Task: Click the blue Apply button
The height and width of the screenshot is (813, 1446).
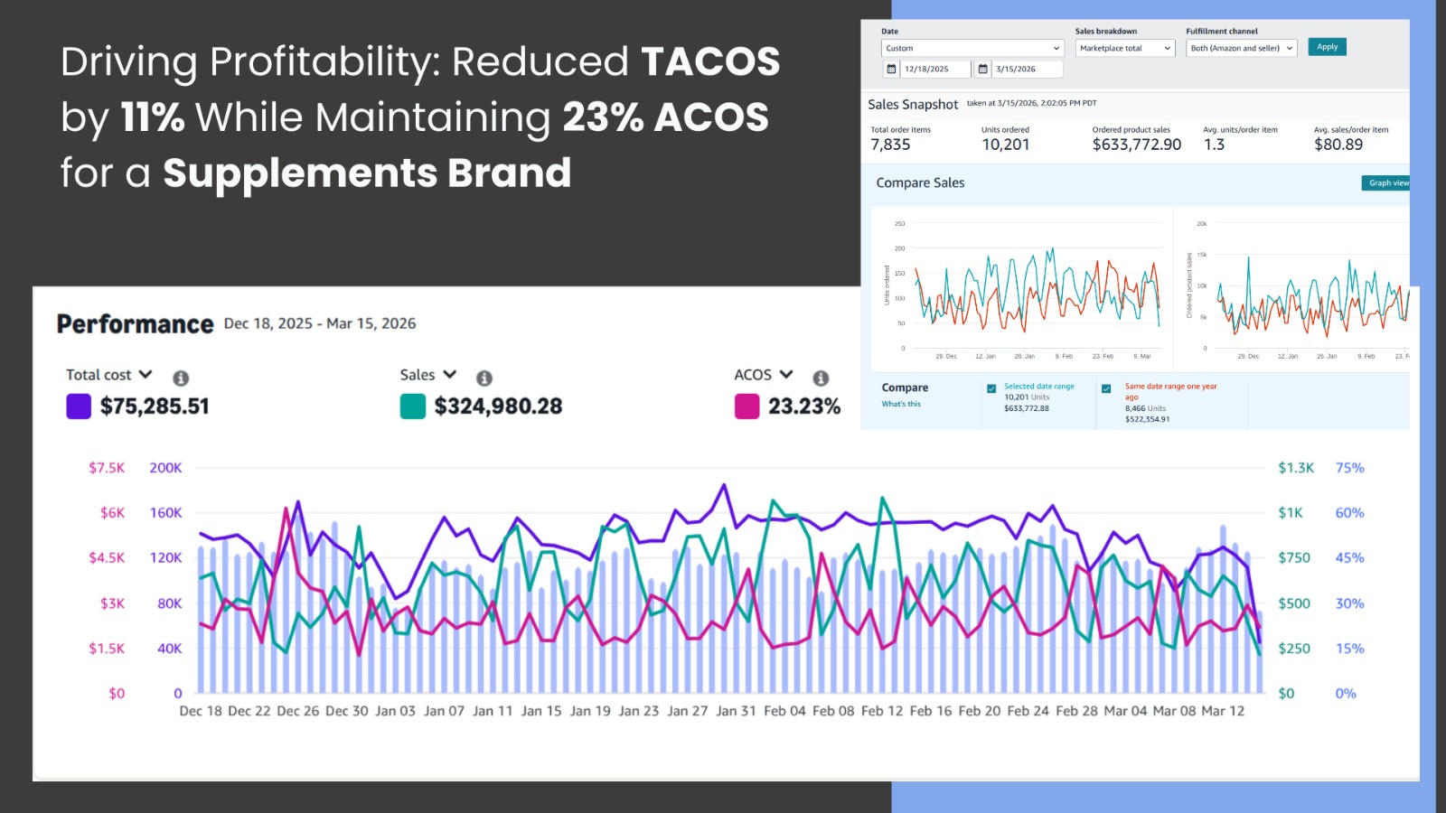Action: coord(1327,47)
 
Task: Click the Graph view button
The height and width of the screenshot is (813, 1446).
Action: coord(1387,183)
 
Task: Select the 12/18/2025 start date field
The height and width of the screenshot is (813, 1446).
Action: coord(926,70)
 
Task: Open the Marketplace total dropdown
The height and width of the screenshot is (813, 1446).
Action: coord(1124,49)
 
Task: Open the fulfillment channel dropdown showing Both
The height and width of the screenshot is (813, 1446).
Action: coord(1241,49)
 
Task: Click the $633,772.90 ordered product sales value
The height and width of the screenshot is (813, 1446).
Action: coord(1136,145)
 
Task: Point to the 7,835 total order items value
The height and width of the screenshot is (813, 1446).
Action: coord(890,145)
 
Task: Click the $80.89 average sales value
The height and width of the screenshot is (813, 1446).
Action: coord(1338,145)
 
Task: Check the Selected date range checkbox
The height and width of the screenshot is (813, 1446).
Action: coord(991,388)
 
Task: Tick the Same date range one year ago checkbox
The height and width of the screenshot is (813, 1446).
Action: coord(1106,388)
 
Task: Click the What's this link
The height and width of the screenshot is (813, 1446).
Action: coord(901,404)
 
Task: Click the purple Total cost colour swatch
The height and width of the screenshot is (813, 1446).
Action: coord(79,406)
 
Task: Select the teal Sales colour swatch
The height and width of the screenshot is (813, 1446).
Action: coord(413,406)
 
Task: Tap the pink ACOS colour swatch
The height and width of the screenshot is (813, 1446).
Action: coord(746,406)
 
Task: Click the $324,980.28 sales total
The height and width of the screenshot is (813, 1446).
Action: coord(498,406)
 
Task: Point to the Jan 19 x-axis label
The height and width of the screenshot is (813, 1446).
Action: coord(590,711)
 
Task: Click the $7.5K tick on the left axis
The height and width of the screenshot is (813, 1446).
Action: coord(107,468)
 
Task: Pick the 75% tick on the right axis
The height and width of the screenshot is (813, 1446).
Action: coord(1349,468)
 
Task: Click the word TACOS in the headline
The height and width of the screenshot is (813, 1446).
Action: coord(710,61)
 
